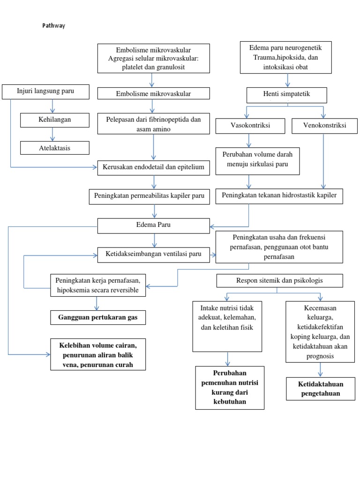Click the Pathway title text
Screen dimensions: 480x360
click(53, 26)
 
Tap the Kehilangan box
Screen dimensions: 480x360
click(55, 120)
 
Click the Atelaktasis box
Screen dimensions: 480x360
click(55, 148)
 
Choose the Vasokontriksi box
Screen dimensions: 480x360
click(250, 126)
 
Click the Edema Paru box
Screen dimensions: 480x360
click(153, 225)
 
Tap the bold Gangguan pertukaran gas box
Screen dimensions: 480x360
click(97, 317)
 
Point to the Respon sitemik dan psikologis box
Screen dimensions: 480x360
click(279, 281)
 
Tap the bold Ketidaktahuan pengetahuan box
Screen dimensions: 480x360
click(320, 389)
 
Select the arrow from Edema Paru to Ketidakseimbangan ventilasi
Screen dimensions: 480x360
click(154, 240)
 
